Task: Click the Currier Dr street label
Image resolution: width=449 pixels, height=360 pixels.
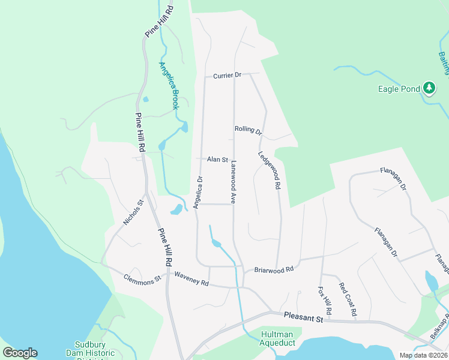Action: (227, 76)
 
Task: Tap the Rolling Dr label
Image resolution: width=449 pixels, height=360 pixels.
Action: (248, 130)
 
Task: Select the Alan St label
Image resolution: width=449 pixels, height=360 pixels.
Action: (217, 160)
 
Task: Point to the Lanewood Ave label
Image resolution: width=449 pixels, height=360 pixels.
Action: (232, 179)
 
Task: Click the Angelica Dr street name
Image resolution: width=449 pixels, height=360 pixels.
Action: (199, 191)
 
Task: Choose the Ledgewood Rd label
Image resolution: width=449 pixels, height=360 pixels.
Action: (270, 170)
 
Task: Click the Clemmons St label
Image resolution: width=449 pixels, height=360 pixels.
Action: (142, 278)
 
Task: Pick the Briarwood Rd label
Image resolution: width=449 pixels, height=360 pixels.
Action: (274, 270)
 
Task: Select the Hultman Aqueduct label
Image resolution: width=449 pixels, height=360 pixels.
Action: (277, 338)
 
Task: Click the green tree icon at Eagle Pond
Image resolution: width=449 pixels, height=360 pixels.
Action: (429, 89)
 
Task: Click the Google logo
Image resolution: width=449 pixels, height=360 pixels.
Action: (20, 353)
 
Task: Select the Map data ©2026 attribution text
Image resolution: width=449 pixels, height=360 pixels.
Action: (423, 355)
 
